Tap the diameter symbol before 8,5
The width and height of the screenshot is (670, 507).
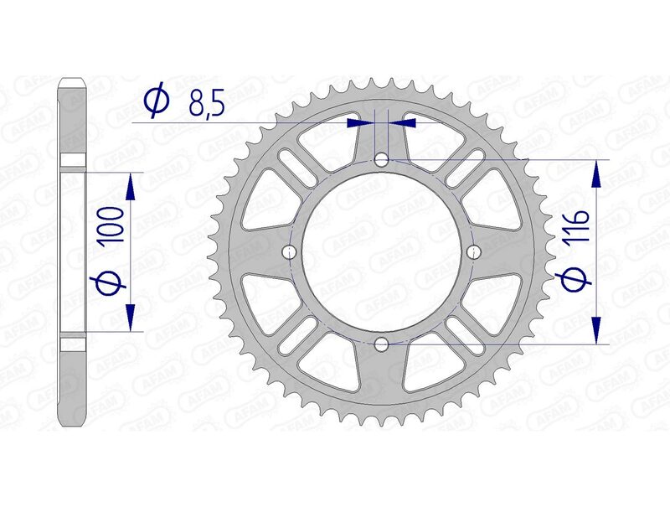coord(157,101)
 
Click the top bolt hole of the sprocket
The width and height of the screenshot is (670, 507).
coord(382,159)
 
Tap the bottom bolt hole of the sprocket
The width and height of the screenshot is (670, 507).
coord(382,344)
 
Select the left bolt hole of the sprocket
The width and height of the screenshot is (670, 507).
coord(291,251)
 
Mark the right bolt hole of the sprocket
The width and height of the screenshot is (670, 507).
coord(474,251)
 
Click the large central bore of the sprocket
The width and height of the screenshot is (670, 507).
coord(382,251)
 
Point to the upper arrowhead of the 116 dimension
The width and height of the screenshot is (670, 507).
coord(596,171)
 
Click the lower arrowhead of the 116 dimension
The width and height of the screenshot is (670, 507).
coord(596,332)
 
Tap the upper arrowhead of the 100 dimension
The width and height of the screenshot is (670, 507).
coord(131,184)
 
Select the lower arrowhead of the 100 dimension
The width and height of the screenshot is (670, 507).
coord(131,318)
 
